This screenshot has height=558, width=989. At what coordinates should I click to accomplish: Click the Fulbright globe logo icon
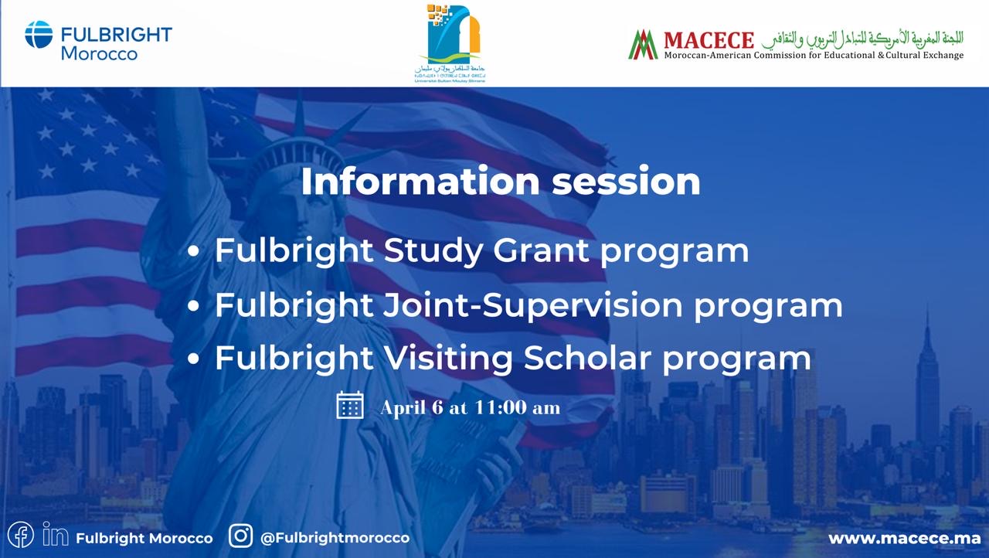[x=39, y=35]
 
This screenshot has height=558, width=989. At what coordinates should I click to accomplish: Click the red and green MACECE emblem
[x=643, y=44]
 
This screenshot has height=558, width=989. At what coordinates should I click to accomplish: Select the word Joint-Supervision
[x=533, y=306]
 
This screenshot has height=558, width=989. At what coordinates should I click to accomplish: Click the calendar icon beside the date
[x=350, y=405]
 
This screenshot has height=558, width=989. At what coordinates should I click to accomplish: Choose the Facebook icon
[x=20, y=536]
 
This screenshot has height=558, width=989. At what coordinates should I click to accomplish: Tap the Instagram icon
[x=241, y=536]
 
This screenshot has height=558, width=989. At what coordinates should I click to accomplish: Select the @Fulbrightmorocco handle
[x=335, y=537]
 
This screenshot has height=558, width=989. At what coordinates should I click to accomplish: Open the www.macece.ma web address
[x=904, y=538]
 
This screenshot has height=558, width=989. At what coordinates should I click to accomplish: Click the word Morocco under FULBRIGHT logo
[x=99, y=54]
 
